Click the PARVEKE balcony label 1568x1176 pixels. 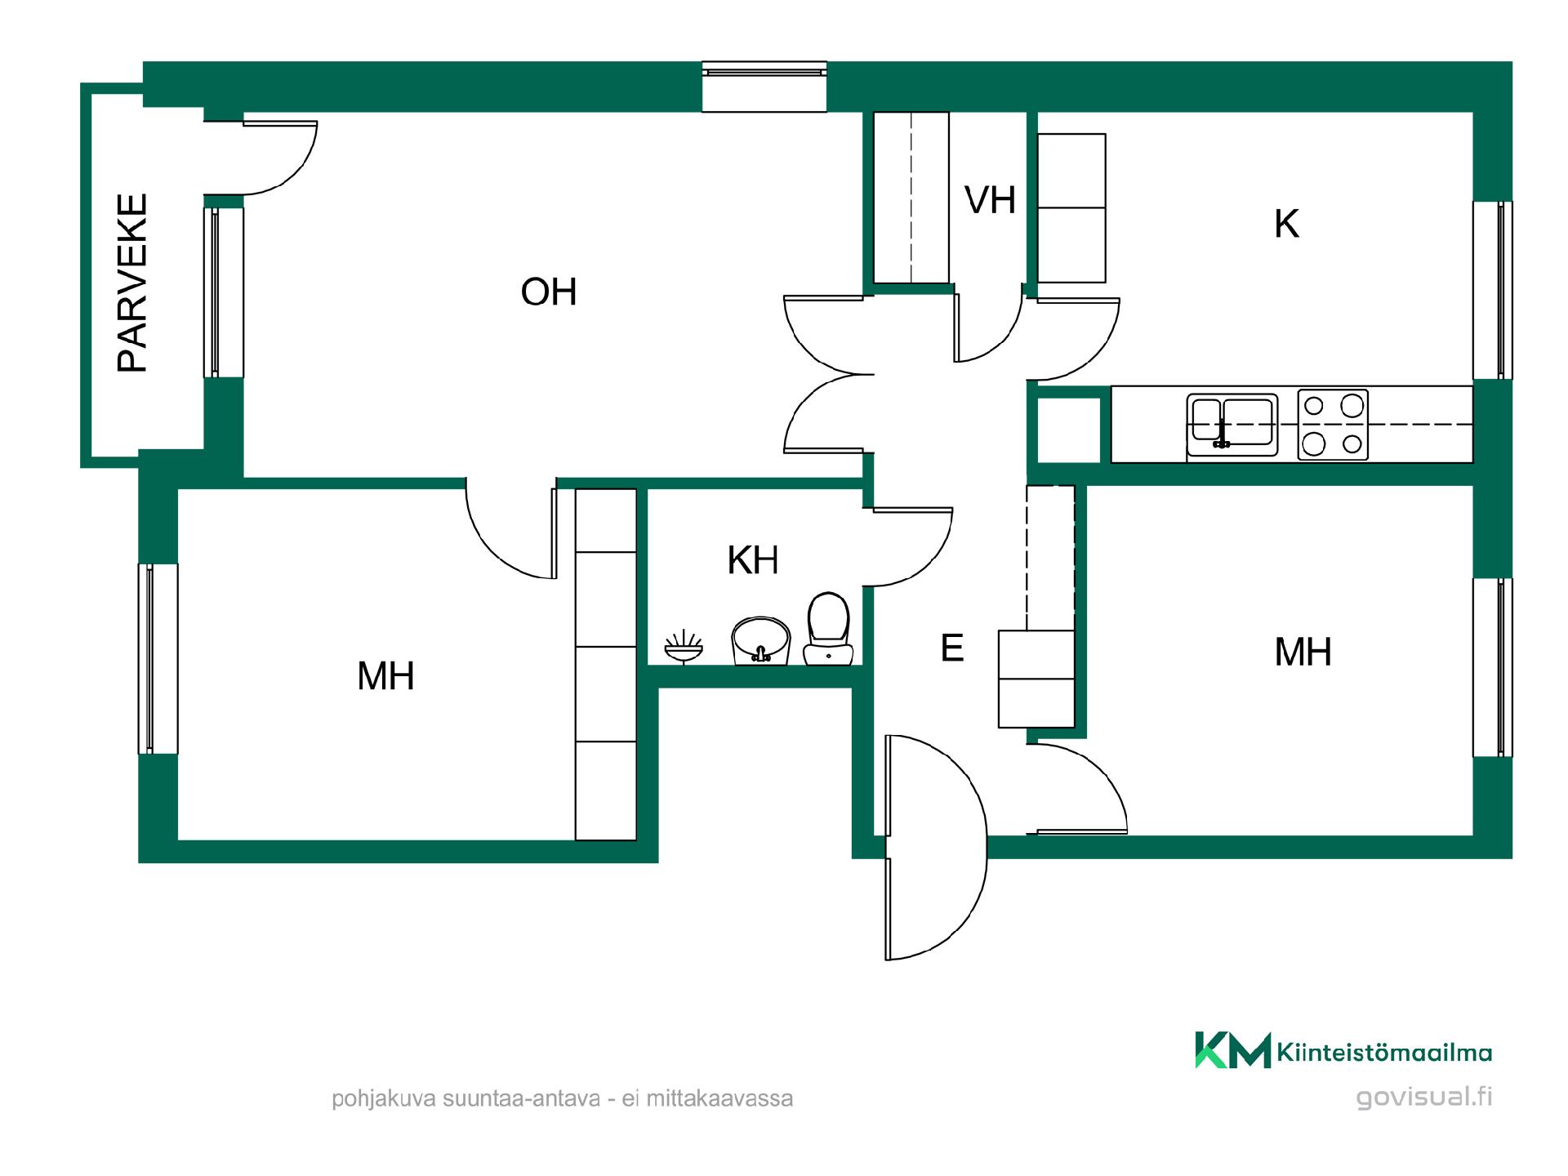pyautogui.click(x=132, y=283)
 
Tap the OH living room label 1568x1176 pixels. pyautogui.click(x=549, y=292)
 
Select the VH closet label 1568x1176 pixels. pyautogui.click(x=990, y=200)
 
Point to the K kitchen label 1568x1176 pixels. pyautogui.click(x=1286, y=224)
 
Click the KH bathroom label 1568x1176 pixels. pyautogui.click(x=753, y=560)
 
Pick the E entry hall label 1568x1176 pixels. pyautogui.click(x=952, y=648)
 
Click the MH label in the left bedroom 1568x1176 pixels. pyautogui.click(x=385, y=676)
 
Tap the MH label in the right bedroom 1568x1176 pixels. pyautogui.click(x=1303, y=652)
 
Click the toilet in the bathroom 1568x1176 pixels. pyautogui.click(x=828, y=629)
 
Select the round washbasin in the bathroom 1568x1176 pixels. pyautogui.click(x=761, y=642)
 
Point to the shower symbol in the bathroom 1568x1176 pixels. pyautogui.click(x=684, y=647)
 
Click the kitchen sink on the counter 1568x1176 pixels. pyautogui.click(x=1232, y=425)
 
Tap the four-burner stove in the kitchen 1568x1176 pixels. pyautogui.click(x=1333, y=425)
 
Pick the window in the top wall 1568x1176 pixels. pyautogui.click(x=764, y=87)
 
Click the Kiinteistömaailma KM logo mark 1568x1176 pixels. pyautogui.click(x=1233, y=1050)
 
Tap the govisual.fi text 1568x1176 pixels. pyautogui.click(x=1424, y=1098)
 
